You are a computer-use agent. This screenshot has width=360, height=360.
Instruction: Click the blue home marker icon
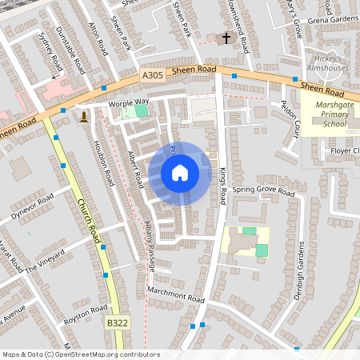pos(180,173)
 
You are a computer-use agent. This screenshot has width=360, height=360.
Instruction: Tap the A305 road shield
pos(153,74)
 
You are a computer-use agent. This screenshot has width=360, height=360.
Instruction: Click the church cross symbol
pos(226,38)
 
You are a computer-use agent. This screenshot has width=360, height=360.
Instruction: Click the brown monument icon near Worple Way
pos(83,118)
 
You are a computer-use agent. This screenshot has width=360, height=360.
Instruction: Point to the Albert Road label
pos(134,169)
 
